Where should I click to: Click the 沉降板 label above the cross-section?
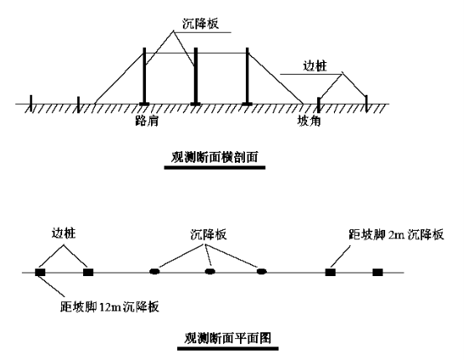201,23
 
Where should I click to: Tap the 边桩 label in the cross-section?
315,65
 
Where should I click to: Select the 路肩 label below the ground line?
147,121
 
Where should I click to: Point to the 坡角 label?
309,121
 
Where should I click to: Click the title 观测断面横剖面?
215,157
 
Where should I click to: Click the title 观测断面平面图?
227,338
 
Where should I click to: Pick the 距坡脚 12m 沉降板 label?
109,306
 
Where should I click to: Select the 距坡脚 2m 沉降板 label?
396,234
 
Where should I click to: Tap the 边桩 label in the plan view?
64,233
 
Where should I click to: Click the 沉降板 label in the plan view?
208,234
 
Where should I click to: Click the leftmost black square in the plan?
40,272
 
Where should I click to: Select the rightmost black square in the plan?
378,272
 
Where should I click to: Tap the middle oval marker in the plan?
210,271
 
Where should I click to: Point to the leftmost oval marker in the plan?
154,271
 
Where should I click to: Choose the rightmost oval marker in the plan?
262,271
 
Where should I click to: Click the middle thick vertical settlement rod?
196,76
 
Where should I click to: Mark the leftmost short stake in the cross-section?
31,103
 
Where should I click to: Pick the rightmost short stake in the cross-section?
367,103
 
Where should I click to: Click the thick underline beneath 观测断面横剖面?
215,168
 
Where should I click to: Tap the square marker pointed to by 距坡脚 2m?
331,272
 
